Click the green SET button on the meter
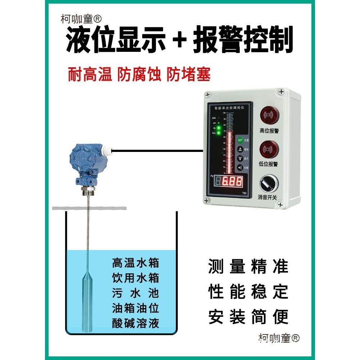[x=240, y=140]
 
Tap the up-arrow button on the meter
[x=240, y=149]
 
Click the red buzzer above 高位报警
[x=269, y=116]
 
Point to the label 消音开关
[x=268, y=197]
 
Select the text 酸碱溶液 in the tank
[x=135, y=323]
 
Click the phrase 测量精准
[x=248, y=267]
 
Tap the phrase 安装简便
[x=248, y=317]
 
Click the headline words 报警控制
[x=243, y=40]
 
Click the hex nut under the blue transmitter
[x=88, y=190]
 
